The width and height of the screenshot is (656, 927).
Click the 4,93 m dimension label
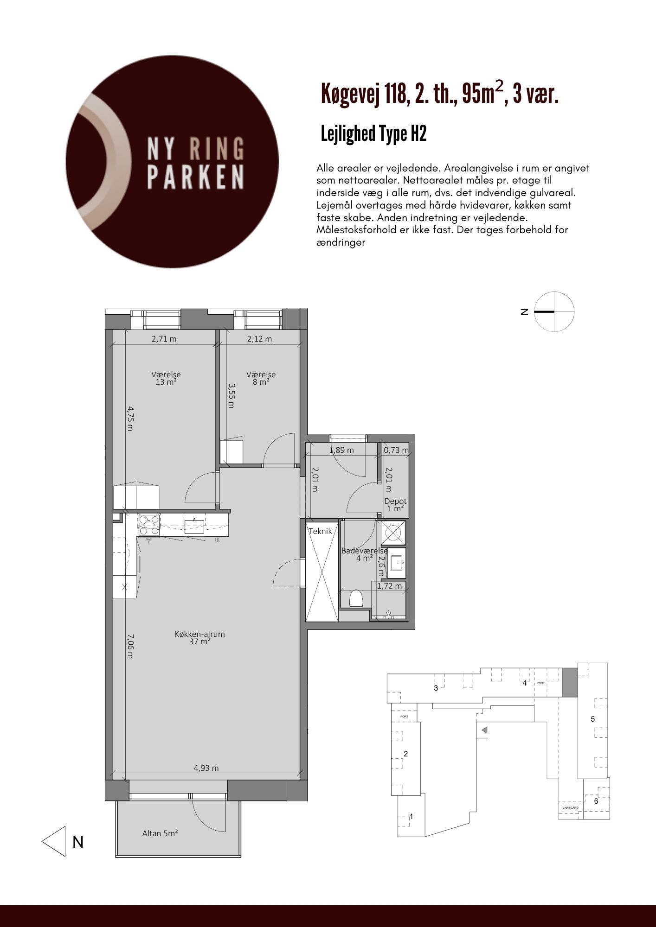click(x=206, y=768)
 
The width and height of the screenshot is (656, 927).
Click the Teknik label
click(x=321, y=531)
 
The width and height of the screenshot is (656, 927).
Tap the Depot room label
click(x=396, y=501)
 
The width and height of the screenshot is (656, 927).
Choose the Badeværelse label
click(x=365, y=551)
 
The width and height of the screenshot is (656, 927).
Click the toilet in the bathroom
click(x=356, y=598)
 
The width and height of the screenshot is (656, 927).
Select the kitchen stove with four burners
click(x=149, y=526)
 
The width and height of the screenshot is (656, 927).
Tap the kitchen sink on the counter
click(x=195, y=526)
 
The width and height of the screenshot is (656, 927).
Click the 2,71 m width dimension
click(x=164, y=339)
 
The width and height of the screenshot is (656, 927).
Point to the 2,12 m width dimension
click(x=259, y=339)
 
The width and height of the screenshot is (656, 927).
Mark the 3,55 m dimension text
click(x=231, y=395)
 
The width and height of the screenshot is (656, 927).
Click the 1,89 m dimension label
click(x=341, y=450)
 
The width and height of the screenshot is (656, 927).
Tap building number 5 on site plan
click(x=592, y=719)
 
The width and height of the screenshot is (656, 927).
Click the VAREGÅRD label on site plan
click(x=570, y=807)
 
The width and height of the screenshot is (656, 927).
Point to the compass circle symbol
click(x=554, y=311)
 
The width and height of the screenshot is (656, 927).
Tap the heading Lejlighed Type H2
click(x=373, y=134)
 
